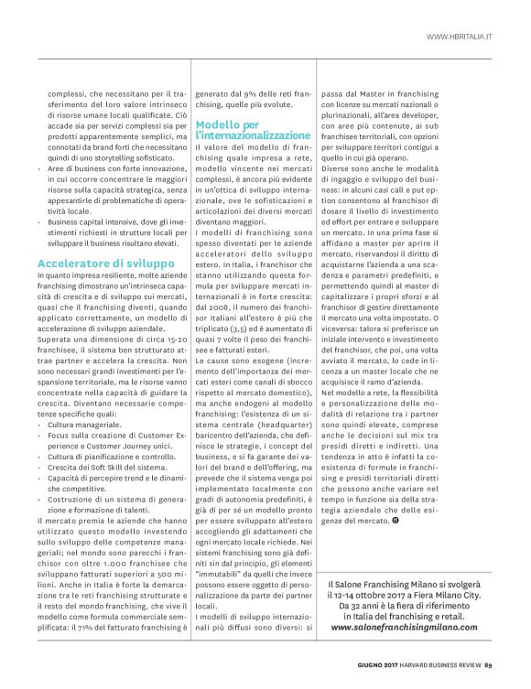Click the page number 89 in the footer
[x=489, y=664]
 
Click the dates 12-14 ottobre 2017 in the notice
[x=391, y=593]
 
